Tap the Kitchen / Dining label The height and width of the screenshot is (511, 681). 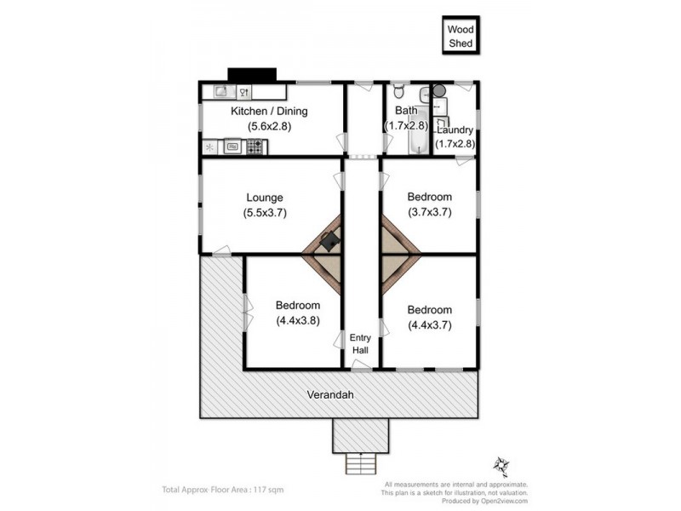[269, 112]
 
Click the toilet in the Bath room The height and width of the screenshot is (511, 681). [424, 93]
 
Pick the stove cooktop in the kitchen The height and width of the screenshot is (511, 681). [255, 147]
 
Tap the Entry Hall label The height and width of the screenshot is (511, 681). [361, 344]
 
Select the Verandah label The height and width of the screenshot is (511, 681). [331, 395]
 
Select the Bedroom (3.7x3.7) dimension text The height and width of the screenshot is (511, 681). [429, 212]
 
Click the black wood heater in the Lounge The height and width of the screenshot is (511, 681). [329, 241]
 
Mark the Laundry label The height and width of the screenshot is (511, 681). [455, 129]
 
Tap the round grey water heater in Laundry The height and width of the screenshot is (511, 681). [439, 89]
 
